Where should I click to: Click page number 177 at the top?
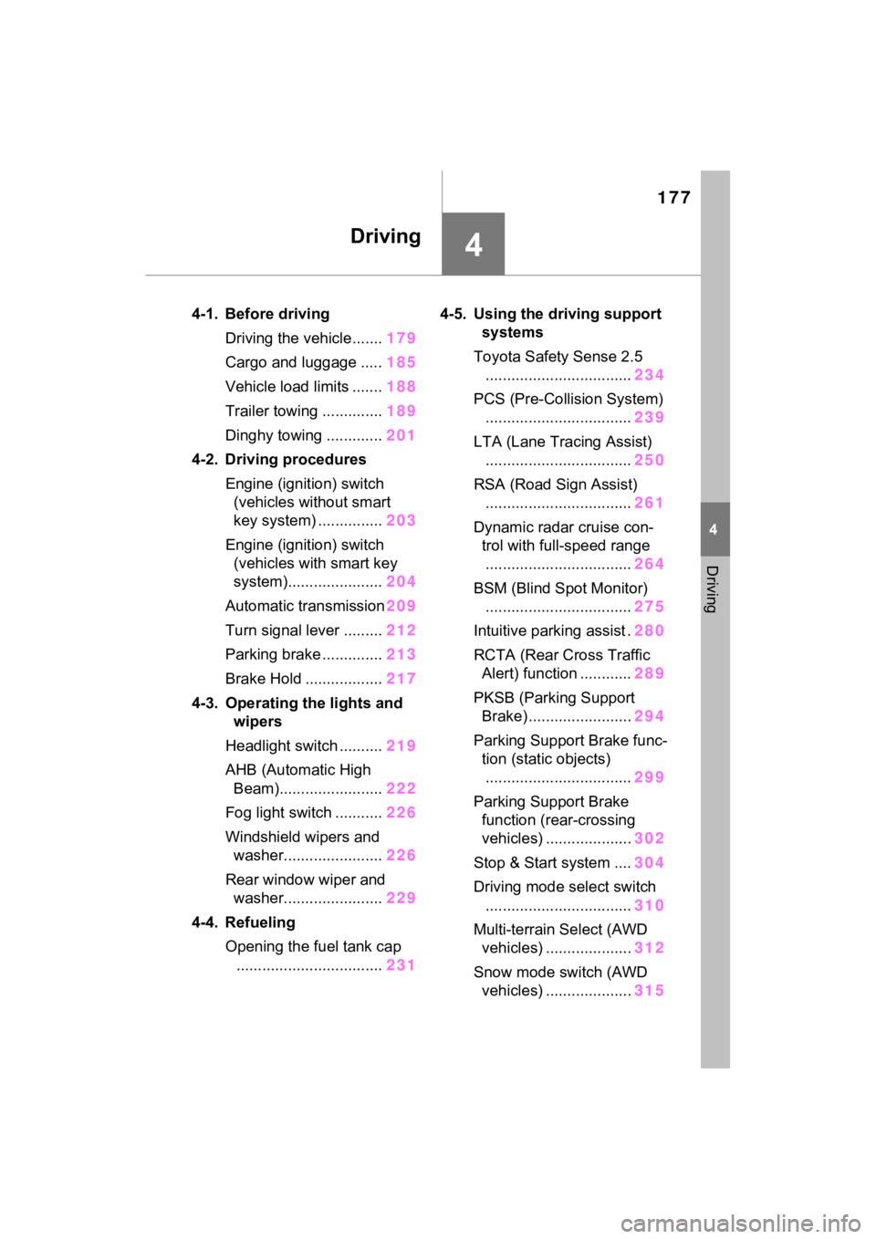(673, 197)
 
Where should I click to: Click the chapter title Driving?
(385, 236)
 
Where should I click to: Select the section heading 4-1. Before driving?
(260, 314)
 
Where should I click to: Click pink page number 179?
(401, 338)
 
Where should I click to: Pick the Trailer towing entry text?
(271, 411)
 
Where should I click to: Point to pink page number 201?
(401, 435)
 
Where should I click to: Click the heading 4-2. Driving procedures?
(278, 460)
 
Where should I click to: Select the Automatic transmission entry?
(305, 606)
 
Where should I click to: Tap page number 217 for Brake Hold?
(401, 679)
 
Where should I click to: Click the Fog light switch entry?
(278, 813)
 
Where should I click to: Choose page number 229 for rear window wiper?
(401, 898)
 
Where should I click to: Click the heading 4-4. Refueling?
(244, 922)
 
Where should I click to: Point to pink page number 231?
(401, 965)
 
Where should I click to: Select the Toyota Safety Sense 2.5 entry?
(558, 357)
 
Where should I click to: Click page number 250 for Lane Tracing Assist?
(650, 460)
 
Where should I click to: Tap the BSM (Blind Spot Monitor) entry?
(560, 588)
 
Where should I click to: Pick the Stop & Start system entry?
(541, 863)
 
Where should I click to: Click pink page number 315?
(650, 991)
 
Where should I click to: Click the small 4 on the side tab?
(714, 530)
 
